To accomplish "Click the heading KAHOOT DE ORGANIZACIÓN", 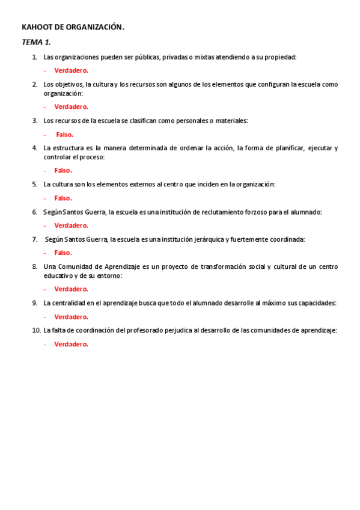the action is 73,27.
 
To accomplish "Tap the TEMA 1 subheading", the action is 37,41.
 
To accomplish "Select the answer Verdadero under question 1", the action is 71,70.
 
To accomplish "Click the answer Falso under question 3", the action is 64,135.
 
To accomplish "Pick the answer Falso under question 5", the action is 63,198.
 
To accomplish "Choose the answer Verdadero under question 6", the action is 71,226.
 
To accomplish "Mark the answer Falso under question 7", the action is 63,253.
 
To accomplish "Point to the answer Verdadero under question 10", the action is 71,344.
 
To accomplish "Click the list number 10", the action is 35,330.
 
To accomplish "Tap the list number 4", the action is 35,148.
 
